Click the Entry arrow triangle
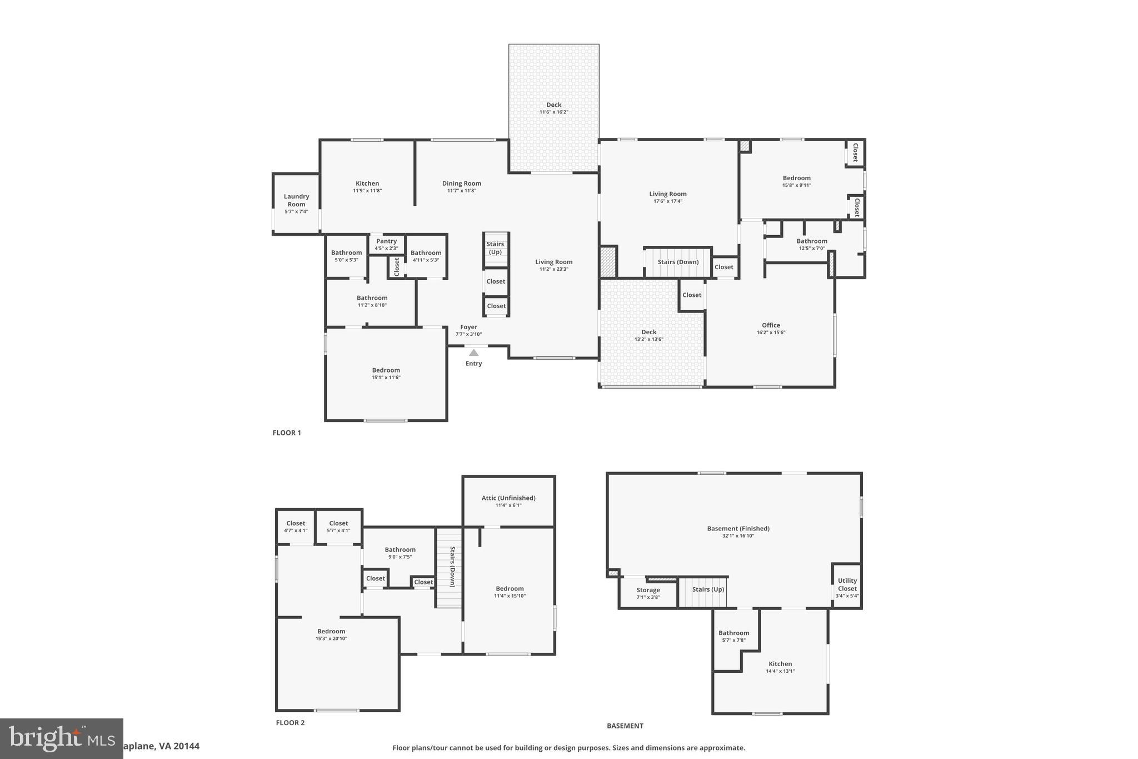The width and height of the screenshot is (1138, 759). pos(473,353)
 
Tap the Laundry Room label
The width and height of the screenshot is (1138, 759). pos(296,200)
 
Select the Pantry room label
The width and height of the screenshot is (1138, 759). pos(386,241)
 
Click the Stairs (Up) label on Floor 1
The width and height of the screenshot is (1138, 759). pos(495,248)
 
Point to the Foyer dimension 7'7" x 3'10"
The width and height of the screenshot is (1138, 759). pos(468,335)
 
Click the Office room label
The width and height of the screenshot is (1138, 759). pos(771,325)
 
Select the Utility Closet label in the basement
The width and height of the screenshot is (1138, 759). pos(847,584)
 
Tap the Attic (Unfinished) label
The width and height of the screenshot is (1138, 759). pos(508,498)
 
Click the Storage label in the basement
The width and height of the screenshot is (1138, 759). pos(648,590)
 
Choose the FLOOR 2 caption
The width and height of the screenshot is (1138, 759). pos(290,723)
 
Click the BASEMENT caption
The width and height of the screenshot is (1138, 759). pos(625,726)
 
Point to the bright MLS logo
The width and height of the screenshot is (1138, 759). pos(61,738)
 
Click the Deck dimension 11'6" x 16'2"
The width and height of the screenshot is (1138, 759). pos(553,112)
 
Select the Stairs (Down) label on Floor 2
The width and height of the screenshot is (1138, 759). pos(452,567)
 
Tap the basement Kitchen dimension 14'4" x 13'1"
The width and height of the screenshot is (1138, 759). pos(780,671)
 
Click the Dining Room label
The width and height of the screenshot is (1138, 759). pos(461,183)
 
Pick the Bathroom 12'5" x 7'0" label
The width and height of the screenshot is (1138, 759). pos(812,241)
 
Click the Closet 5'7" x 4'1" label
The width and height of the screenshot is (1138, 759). pos(338,523)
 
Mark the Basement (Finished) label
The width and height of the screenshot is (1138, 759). pos(738,529)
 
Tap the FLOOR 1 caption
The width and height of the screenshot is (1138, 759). pos(287,433)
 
